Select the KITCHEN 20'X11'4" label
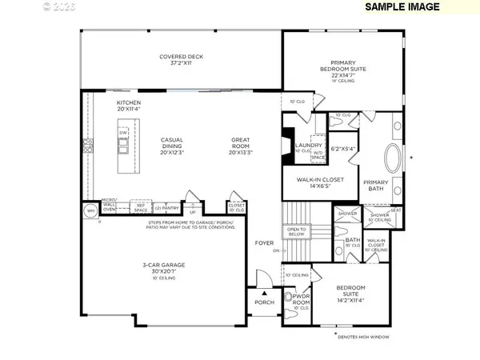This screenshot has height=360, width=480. (130, 106)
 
